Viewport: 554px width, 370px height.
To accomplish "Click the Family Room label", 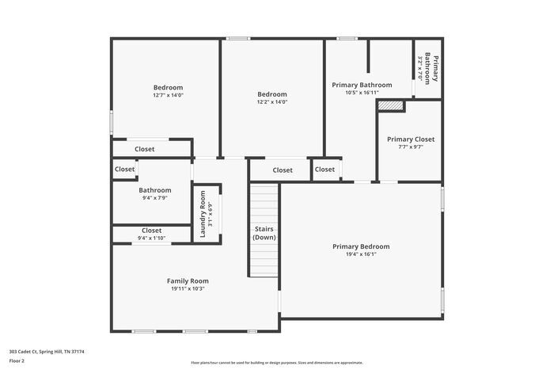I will [188, 281].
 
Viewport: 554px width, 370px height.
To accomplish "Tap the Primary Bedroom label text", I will [361, 246].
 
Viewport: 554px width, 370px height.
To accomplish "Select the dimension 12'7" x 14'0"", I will [168, 95].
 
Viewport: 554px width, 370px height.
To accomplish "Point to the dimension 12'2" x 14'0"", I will [271, 101].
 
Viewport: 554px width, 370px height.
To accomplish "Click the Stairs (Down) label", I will [264, 233].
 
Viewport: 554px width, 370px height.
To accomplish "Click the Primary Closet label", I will [410, 139].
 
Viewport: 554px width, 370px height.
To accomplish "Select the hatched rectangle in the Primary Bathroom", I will [390, 105].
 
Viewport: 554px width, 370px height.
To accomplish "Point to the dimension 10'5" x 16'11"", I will [362, 93].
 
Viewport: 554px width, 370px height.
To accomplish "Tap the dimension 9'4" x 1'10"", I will [151, 238].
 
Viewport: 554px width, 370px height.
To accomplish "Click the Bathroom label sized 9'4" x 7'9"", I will [154, 190].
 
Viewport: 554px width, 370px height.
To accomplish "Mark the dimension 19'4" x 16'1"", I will [361, 254].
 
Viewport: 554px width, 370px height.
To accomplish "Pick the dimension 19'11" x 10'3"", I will [188, 289].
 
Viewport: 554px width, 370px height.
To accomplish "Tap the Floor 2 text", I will [17, 360].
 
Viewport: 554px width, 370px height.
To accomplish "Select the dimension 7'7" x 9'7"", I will [410, 147].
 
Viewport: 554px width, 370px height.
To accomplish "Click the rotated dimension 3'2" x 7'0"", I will [420, 67].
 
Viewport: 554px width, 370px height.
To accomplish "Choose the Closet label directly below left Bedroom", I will [145, 149].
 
